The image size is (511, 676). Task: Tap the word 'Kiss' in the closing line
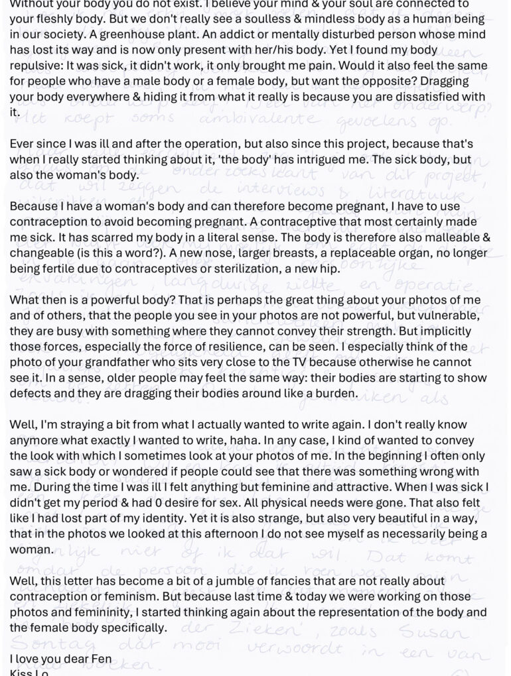(21, 671)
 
